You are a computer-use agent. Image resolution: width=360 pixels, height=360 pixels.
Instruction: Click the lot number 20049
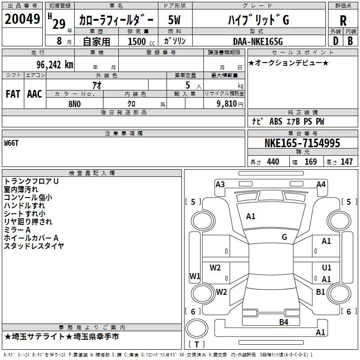tap(22, 19)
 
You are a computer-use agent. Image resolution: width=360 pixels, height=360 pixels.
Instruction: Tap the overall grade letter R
tap(343, 21)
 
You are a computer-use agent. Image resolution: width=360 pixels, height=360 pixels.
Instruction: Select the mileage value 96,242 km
tap(54, 65)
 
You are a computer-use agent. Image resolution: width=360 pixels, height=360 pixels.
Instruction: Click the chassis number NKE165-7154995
tap(302, 143)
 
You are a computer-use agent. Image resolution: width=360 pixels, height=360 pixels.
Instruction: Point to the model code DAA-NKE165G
tap(258, 41)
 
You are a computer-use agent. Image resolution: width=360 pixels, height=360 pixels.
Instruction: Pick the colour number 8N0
tap(75, 104)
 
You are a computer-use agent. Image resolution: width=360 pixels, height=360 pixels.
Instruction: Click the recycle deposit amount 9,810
tap(227, 104)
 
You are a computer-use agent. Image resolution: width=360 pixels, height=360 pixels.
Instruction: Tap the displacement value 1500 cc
tap(141, 41)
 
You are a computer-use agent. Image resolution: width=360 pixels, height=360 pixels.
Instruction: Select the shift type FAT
tap(13, 94)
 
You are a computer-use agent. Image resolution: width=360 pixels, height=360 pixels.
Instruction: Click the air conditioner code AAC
tap(35, 94)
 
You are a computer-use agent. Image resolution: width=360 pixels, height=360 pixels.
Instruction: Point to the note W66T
tap(11, 143)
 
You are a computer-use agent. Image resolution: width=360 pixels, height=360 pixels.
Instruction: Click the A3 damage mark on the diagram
tap(220, 184)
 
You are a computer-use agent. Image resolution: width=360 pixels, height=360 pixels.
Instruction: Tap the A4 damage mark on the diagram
tap(321, 184)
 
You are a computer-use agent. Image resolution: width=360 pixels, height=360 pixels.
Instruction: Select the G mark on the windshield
tap(284, 237)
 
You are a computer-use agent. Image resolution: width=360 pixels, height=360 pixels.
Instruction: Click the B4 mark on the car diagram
tap(284, 322)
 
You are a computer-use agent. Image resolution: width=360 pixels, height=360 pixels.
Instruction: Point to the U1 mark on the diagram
tap(327, 267)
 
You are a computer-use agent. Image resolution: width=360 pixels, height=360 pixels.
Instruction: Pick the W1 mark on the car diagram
tap(195, 276)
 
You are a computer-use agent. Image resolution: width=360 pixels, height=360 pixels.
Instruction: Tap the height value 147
tap(346, 162)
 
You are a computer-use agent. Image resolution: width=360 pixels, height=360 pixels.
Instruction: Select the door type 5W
tap(174, 20)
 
